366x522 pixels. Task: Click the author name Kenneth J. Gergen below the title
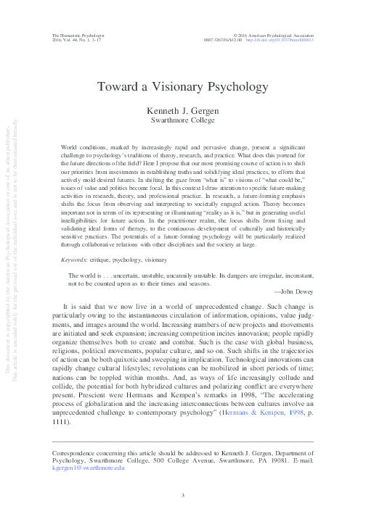182,110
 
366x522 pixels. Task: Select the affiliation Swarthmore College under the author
182,120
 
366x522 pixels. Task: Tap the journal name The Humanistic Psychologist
76,34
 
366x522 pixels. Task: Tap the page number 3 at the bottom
183,494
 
